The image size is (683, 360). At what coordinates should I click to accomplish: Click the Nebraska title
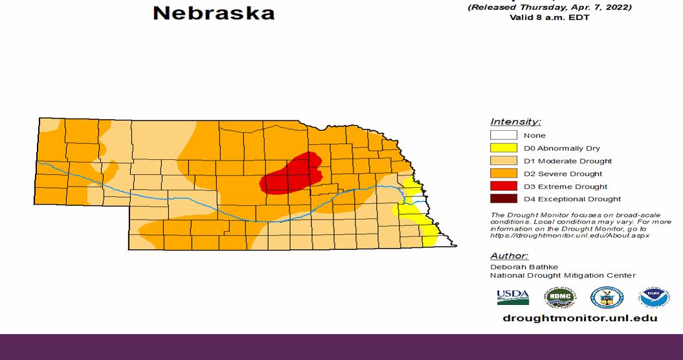click(x=214, y=13)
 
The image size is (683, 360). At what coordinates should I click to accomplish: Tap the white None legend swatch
click(x=503, y=135)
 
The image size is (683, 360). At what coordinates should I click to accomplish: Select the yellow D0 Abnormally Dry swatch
click(x=503, y=148)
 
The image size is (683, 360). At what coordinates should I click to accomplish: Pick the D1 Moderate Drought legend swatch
click(x=503, y=161)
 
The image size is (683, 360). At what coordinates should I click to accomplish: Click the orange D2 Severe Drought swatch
click(x=503, y=174)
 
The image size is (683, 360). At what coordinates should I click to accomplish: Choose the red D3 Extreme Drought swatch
click(x=503, y=186)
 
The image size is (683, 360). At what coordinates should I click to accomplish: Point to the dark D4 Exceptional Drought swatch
click(x=503, y=199)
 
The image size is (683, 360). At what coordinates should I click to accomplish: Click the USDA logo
click(x=513, y=297)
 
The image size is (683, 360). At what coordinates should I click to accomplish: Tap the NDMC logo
click(x=559, y=297)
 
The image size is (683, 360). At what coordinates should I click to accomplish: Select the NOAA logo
click(x=654, y=297)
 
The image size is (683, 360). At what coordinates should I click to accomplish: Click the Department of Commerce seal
click(x=607, y=297)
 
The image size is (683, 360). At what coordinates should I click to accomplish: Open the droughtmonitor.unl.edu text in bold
click(x=580, y=318)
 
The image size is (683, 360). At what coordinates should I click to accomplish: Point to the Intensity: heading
click(x=515, y=122)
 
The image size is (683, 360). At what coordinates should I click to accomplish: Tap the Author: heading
click(x=509, y=256)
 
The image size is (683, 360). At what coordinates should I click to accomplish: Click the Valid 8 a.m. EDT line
click(x=550, y=17)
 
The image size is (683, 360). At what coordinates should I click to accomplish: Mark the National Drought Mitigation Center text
click(x=563, y=275)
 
